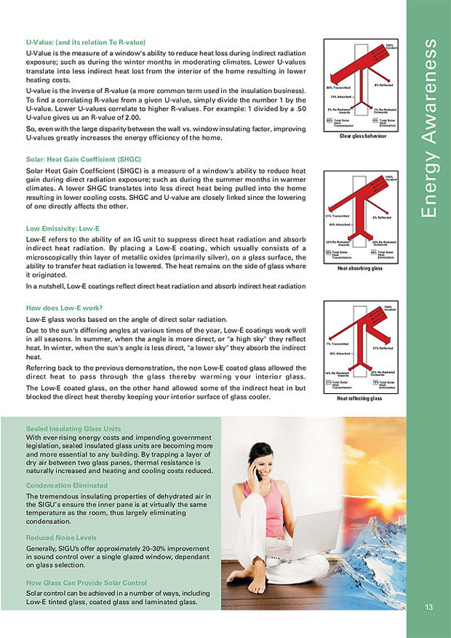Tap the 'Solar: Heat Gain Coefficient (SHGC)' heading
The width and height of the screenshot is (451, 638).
[x=83, y=158]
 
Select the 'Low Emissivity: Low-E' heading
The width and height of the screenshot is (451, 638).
[x=63, y=228]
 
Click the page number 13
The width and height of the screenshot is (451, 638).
[x=428, y=607]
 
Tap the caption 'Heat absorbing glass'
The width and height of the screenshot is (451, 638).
[x=359, y=268]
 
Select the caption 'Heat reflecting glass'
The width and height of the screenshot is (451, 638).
[x=359, y=399]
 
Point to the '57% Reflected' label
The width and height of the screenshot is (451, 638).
[x=382, y=349]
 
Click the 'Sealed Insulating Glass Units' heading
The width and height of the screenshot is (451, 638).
[x=73, y=429]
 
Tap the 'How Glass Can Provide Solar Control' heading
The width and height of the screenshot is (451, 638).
[x=87, y=583]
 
